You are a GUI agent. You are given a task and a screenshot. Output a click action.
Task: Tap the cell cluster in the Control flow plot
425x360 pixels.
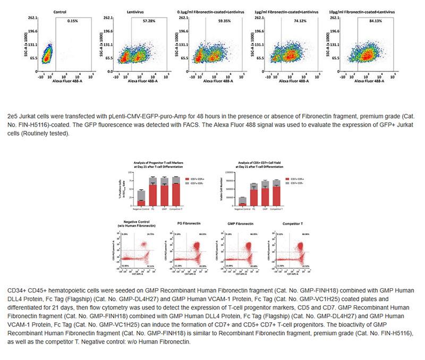click(x=47, y=54)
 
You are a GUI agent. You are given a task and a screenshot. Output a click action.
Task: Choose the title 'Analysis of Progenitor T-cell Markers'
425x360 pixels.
click(x=154, y=163)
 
